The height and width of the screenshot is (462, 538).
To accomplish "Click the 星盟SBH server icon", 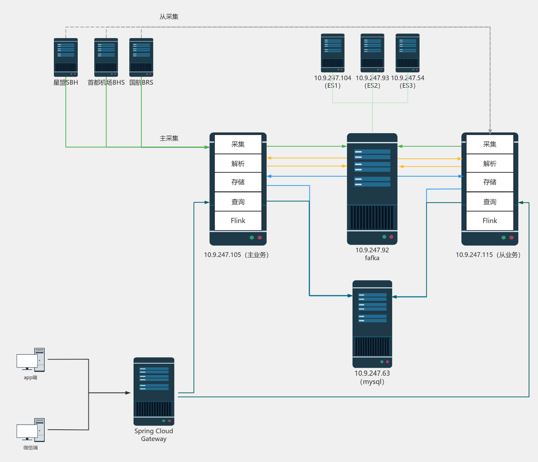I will pyautogui.click(x=66, y=57).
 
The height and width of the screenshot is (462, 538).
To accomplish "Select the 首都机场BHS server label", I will pyautogui.click(x=106, y=82).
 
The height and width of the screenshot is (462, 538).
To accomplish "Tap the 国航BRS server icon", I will pyautogui.click(x=141, y=57).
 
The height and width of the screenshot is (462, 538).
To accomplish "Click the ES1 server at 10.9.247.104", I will pyautogui.click(x=332, y=53).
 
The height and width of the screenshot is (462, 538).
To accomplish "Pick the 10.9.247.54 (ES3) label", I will pyautogui.click(x=408, y=82).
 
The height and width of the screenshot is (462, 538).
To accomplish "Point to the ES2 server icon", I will pyautogui.click(x=372, y=53).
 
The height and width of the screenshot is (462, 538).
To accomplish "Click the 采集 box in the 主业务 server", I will pyautogui.click(x=238, y=144).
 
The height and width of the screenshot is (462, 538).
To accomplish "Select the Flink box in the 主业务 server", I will pyautogui.click(x=238, y=221).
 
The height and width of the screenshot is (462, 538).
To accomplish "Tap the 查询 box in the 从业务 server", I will pyautogui.click(x=490, y=202).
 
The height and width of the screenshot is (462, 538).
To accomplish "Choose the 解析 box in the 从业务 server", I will pyautogui.click(x=490, y=164).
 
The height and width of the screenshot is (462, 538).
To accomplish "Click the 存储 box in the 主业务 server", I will pyautogui.click(x=238, y=182).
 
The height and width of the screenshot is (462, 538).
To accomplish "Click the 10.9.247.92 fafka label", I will pyautogui.click(x=372, y=254).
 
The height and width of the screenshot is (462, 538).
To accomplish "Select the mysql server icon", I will pyautogui.click(x=372, y=324).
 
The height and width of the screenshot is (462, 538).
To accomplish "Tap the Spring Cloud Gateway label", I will pyautogui.click(x=154, y=435).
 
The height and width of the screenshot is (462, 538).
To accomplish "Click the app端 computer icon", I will pyautogui.click(x=31, y=360).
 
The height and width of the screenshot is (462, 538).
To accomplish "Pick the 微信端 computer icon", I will pyautogui.click(x=31, y=430).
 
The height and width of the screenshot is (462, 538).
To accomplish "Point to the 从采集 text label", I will pyautogui.click(x=169, y=17).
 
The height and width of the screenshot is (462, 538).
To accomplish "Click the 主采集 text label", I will pyautogui.click(x=169, y=138).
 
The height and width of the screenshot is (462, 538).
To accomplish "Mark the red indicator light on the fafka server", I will pyautogui.click(x=391, y=237).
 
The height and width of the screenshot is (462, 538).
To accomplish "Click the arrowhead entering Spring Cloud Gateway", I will pyautogui.click(x=128, y=393).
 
